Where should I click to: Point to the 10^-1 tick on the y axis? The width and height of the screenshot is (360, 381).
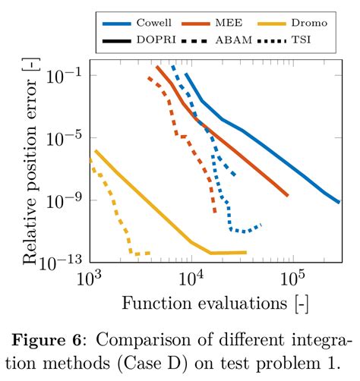coord(65,75)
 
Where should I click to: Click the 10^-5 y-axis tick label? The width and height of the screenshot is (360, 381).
coord(65,137)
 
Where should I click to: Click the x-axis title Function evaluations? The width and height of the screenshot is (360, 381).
coord(215,304)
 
